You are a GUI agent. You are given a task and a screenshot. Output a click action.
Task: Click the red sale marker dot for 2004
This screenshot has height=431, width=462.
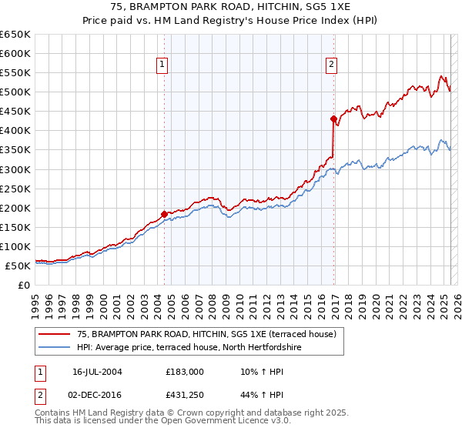(x=164, y=214)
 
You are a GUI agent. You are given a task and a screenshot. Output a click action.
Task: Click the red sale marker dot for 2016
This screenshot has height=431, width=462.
(x=333, y=119)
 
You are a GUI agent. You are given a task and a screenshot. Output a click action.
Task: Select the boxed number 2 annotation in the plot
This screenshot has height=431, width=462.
(x=331, y=65)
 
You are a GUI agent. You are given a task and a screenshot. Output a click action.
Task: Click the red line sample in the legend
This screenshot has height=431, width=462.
(x=55, y=335)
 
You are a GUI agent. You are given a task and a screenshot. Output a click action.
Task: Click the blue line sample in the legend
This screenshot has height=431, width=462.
(x=55, y=348)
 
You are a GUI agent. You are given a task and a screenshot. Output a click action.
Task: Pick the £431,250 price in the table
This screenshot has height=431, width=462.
(x=185, y=396)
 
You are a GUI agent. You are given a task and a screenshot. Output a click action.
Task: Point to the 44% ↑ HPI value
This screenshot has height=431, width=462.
(x=255, y=396)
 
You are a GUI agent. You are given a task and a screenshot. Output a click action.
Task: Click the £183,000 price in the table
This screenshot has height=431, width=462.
(x=185, y=372)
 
